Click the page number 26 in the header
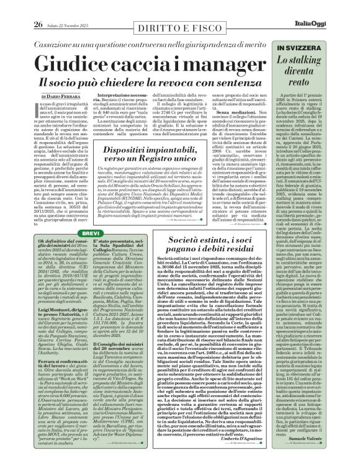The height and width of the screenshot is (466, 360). click(21, 7)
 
